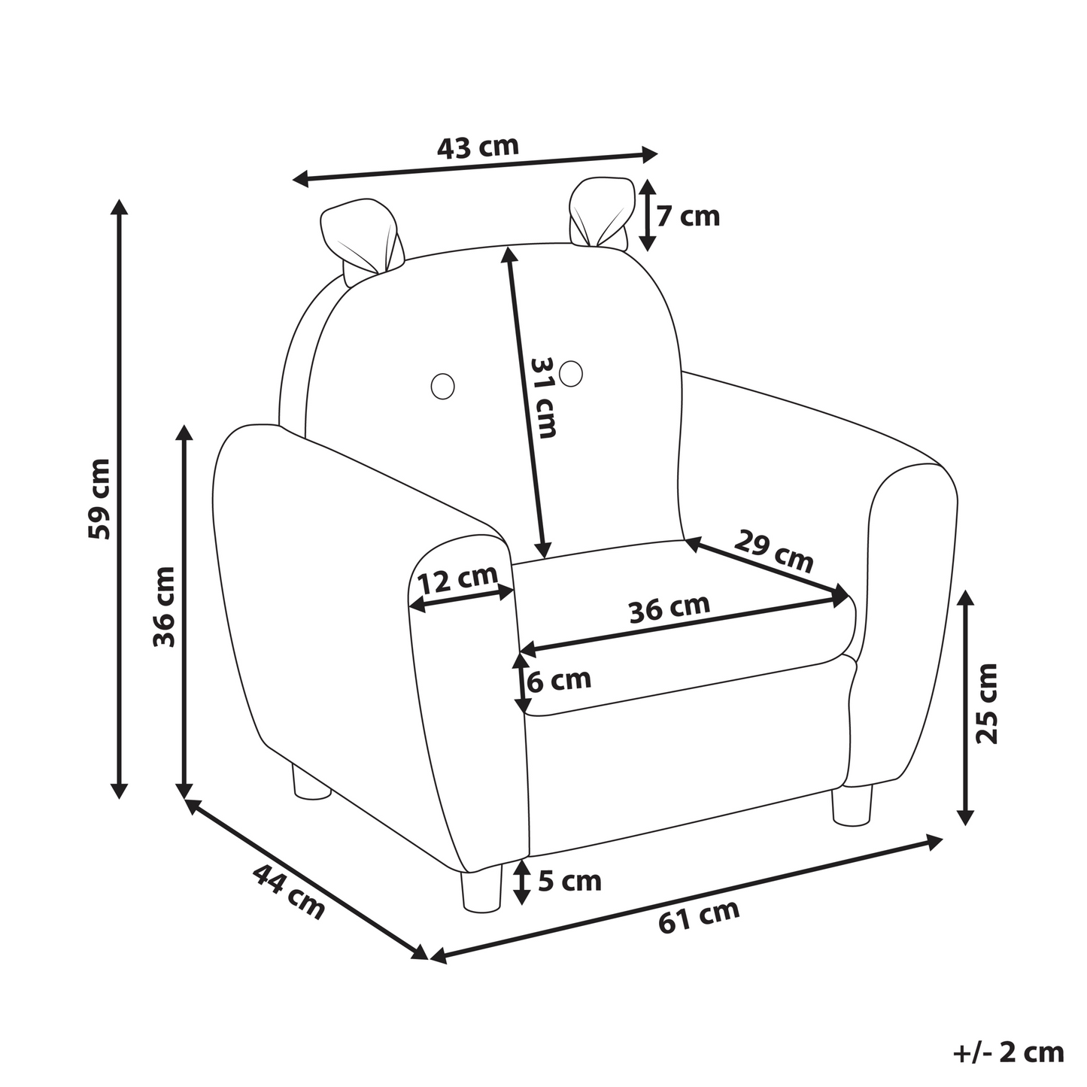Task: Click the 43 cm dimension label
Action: [478, 147]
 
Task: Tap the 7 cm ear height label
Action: [688, 217]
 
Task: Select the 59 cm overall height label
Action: [100, 499]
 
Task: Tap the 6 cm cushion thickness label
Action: [558, 680]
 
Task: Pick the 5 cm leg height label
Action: [569, 881]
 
